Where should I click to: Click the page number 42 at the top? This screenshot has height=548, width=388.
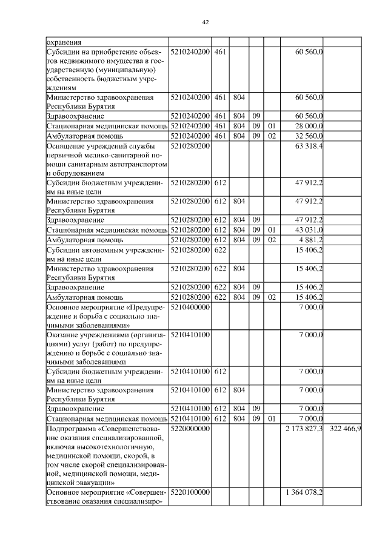click(x=205, y=22)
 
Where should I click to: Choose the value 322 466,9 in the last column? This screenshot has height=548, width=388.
click(x=345, y=429)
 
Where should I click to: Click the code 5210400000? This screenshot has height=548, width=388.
click(x=190, y=308)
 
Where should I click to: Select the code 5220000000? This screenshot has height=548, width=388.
click(x=190, y=429)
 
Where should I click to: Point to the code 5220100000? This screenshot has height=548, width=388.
click(x=190, y=493)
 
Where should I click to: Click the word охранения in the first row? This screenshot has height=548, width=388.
click(x=64, y=42)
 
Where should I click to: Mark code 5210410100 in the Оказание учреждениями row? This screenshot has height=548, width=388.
click(x=190, y=334)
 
